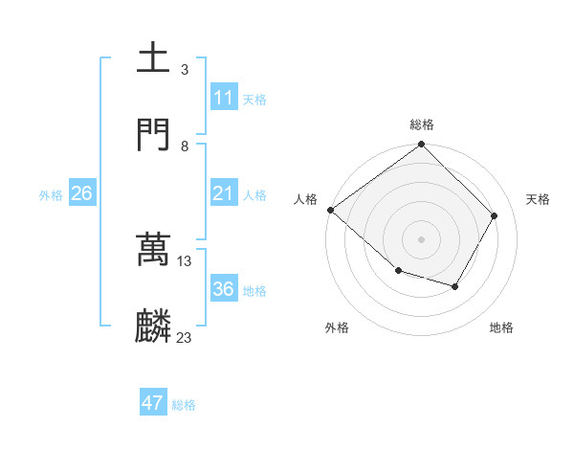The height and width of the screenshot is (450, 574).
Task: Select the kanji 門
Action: click(x=154, y=135)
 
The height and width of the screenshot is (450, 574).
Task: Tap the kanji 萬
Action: click(x=154, y=250)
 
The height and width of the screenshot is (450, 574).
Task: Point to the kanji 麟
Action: click(x=154, y=326)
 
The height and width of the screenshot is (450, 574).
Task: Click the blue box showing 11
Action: click(x=224, y=98)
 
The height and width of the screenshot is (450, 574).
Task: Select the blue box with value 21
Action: click(x=224, y=194)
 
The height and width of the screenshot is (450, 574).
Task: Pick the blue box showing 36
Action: click(x=224, y=289)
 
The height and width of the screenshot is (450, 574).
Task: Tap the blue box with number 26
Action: click(x=82, y=193)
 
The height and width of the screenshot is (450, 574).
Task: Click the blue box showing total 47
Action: click(x=153, y=403)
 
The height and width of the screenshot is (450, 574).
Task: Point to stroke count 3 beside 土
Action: click(x=184, y=70)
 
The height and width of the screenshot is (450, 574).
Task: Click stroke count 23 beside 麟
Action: click(x=184, y=337)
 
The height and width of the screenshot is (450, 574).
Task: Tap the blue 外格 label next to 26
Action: click(x=51, y=195)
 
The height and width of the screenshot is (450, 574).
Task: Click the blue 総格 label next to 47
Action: click(x=184, y=405)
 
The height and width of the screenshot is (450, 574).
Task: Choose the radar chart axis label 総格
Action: click(x=422, y=124)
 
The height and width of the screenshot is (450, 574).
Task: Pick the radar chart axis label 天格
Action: click(x=538, y=199)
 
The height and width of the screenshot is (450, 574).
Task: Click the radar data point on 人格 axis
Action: click(x=330, y=210)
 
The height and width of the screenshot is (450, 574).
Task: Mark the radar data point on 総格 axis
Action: click(x=422, y=146)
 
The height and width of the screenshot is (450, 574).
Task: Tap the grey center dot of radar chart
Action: click(x=422, y=238)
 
